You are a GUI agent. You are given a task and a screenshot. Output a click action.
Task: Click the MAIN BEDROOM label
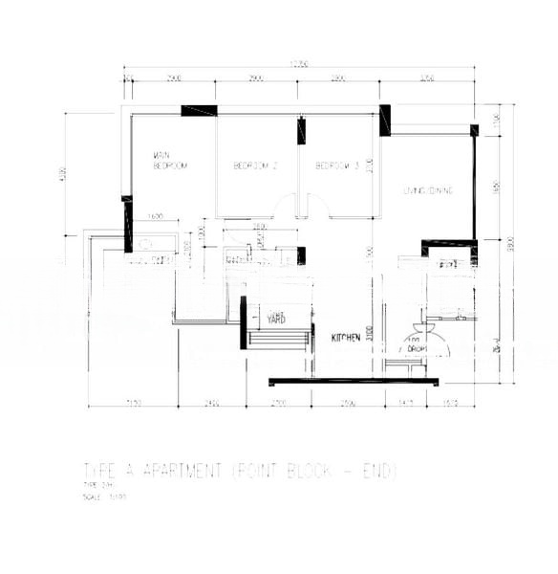click(169, 160)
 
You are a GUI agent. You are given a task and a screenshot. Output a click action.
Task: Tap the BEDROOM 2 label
click(255, 166)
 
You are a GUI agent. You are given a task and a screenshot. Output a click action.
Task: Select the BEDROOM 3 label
click(337, 166)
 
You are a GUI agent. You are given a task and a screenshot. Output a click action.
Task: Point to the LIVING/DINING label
click(427, 190)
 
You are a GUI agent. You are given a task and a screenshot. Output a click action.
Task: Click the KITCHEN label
click(346, 338)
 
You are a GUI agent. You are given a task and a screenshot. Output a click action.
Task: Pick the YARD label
click(277, 318)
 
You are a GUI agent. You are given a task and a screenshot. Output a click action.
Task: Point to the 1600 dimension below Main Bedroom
click(157, 216)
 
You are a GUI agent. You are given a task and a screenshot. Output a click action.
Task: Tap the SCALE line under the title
click(105, 497)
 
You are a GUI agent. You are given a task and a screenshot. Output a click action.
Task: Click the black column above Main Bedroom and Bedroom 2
click(199, 110)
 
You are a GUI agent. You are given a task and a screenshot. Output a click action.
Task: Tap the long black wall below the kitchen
click(354, 382)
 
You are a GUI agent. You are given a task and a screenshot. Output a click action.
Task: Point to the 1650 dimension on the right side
click(496, 188)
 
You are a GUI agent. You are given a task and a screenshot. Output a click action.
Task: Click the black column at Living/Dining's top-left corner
click(384, 120)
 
